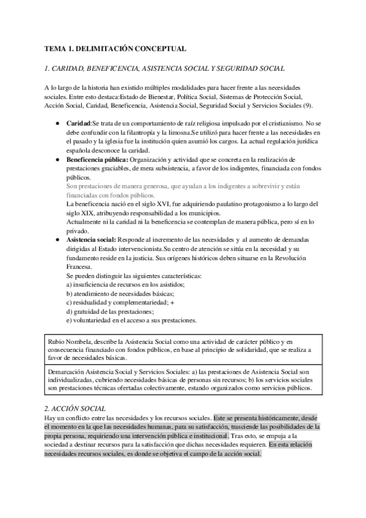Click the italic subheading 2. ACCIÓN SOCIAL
pyautogui.click(x=77, y=391)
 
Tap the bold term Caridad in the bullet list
pyautogui.click(x=78, y=123)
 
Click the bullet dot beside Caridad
pyautogui.click(x=57, y=123)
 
